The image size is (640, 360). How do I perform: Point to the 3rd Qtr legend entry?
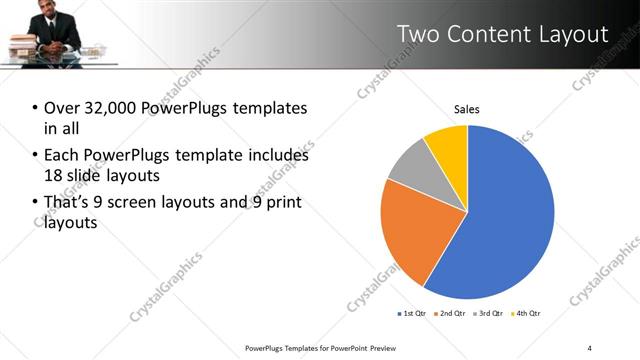[x=488, y=314]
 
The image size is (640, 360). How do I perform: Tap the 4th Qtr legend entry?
[x=526, y=314]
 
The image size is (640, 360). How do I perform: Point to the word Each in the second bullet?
[x=62, y=155]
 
